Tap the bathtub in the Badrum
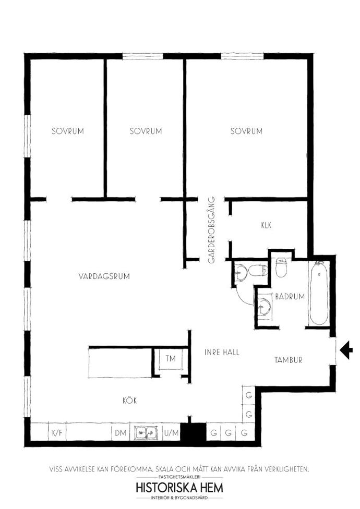(x=319, y=293)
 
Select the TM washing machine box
(x=170, y=359)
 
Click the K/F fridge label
(x=57, y=433)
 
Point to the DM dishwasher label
(x=121, y=433)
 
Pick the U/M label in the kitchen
(x=171, y=433)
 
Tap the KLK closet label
(x=266, y=225)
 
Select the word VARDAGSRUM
(x=104, y=276)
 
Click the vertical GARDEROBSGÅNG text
(x=212, y=230)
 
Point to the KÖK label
(x=129, y=400)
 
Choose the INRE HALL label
(x=222, y=352)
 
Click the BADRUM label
(x=290, y=296)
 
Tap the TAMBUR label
(x=288, y=360)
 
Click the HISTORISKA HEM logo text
(x=179, y=488)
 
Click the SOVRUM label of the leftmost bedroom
(x=68, y=131)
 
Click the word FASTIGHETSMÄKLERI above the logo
(x=179, y=477)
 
